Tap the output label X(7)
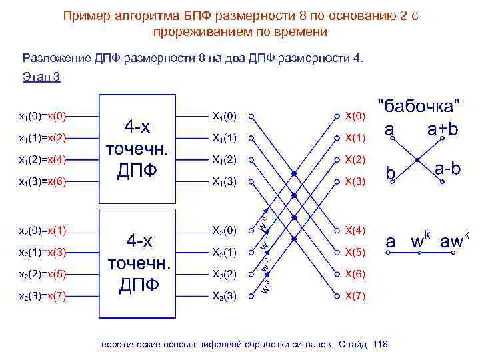tap(355, 295)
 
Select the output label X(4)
tap(355, 231)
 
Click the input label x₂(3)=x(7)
tap(43, 295)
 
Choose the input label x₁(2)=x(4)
tap(43, 159)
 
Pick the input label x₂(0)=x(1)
tap(43, 231)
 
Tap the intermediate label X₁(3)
tap(224, 181)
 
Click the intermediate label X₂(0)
tap(224, 231)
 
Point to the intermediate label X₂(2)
tap(224, 274)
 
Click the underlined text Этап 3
tap(41, 77)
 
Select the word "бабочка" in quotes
tap(419, 105)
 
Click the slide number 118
tap(381, 344)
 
